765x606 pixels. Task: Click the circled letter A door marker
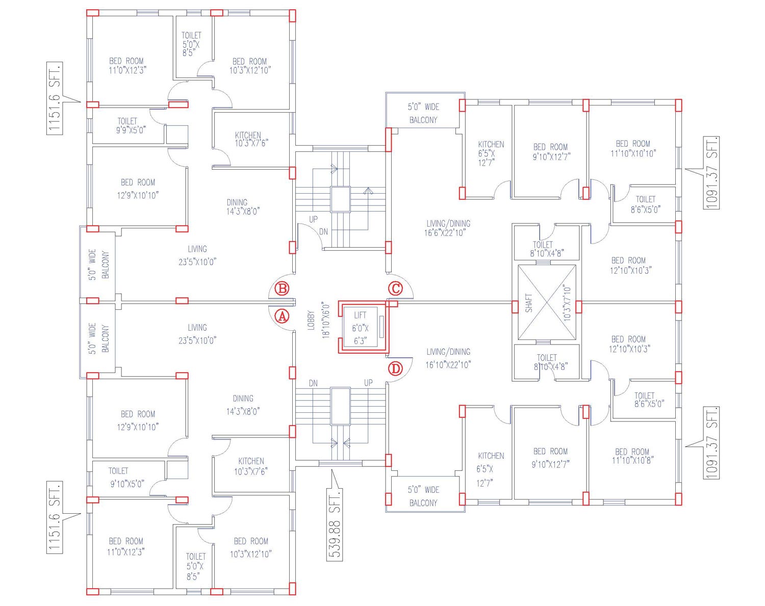coord(282,316)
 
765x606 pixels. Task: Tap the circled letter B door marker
coord(282,289)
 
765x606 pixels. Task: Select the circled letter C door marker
coord(396,288)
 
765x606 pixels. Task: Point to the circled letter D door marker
coord(395,368)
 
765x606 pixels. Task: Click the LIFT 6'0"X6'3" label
coord(361,328)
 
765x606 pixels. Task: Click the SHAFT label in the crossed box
coord(529,303)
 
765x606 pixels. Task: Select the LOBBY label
coord(311,321)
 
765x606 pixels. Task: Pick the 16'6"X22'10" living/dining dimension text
coord(445,233)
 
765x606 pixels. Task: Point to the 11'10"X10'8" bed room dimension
coord(633,460)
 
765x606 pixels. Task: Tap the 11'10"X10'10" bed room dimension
coord(633,153)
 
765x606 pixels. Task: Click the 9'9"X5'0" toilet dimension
coord(131,130)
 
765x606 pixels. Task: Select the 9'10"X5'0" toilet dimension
coord(127,484)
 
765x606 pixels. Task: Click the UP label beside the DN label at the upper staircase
coord(313,220)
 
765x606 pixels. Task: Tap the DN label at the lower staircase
coord(313,383)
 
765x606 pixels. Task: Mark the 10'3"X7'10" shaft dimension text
coord(567,303)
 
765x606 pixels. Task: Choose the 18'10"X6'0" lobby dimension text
coord(326,321)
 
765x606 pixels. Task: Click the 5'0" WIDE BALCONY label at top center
coord(423,113)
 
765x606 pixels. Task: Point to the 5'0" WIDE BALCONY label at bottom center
coord(423,496)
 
